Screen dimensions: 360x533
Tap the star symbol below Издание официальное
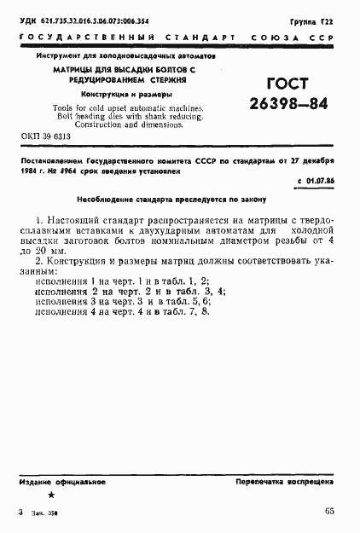tap(52, 495)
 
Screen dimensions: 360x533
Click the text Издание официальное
tap(60, 483)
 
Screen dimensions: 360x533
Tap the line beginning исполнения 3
tap(118, 300)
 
